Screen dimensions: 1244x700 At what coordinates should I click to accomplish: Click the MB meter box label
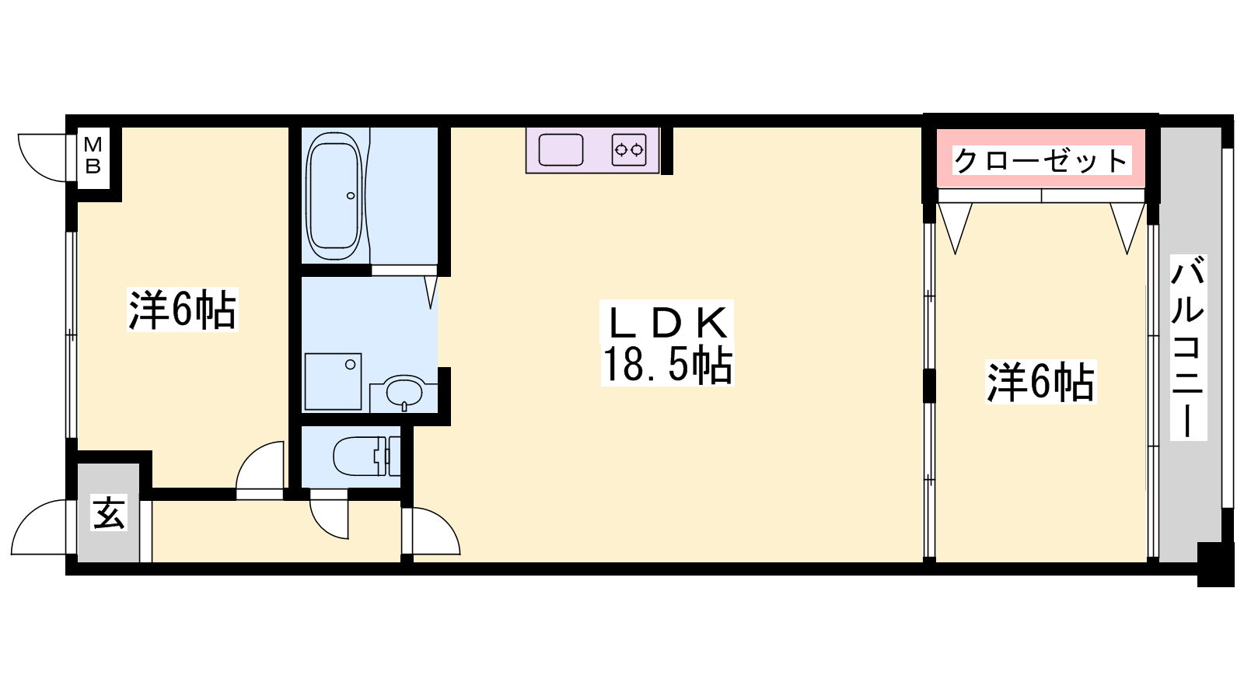tap(93, 156)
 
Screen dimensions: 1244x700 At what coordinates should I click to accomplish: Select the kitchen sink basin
tap(561, 150)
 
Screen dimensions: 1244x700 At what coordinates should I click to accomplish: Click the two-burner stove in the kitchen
tap(629, 150)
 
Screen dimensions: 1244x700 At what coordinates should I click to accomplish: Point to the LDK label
tap(668, 323)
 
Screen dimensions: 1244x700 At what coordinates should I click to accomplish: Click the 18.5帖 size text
tap(668, 365)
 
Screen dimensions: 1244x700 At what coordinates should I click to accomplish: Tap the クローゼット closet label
tap(1041, 160)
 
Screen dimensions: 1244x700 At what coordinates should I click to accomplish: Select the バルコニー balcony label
tap(1188, 347)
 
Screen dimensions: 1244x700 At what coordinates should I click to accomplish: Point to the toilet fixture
tap(366, 456)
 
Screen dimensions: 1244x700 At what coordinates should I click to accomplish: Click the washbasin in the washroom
tap(404, 392)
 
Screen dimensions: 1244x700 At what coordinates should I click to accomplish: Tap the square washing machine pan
tap(334, 382)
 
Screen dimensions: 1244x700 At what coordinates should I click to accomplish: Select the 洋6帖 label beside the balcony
tap(1040, 382)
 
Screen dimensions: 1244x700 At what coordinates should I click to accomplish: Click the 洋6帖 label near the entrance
tap(183, 309)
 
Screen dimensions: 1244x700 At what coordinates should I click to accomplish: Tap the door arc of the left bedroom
tap(251, 456)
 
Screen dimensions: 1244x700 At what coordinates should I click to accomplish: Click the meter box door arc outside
tap(34, 166)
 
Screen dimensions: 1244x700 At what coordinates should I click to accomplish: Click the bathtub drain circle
tap(351, 195)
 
